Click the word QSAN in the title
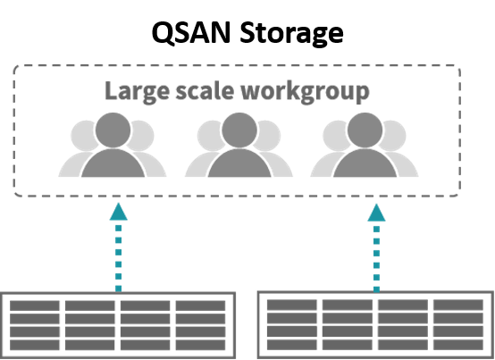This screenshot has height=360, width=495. pos(191,33)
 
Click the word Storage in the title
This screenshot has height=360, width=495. pos(291,34)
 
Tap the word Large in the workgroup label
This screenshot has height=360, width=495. pos(137,92)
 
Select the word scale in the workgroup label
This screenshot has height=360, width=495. pos(205,91)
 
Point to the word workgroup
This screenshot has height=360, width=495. pos(305,92)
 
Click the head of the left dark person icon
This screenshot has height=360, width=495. pos(113,130)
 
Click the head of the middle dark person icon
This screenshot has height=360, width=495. pos(239,130)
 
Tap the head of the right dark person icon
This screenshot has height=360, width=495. pos(365,130)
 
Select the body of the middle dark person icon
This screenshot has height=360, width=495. pos(239,163)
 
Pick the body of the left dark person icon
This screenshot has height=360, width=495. pos(113,163)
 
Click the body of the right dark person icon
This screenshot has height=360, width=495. pos(365,163)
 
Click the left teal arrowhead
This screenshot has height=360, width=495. pos(118,212)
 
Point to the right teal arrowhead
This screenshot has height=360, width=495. pos(377,213)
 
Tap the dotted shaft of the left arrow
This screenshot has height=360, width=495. pos(118,258)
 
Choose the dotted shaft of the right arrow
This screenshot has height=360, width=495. pos(377,259)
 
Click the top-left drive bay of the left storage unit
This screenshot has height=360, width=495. pos(35,306)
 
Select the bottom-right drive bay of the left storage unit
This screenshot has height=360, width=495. pos(200,345)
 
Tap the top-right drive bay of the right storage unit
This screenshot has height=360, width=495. pos(458,306)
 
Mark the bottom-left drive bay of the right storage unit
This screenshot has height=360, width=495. pos(292,345)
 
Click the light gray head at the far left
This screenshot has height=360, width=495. pos(84,136)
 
